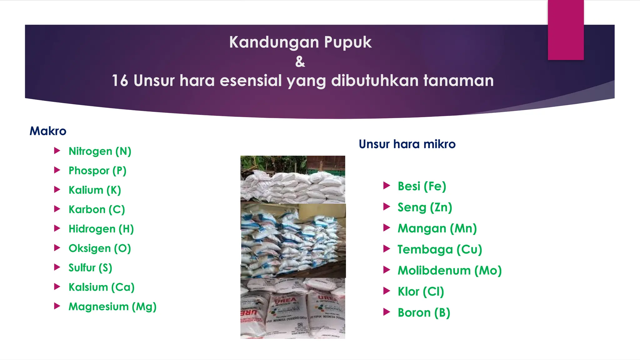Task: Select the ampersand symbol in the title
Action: [x=300, y=62]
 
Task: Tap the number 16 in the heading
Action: [x=120, y=81]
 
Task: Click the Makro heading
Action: [x=48, y=131]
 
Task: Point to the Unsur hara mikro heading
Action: [x=407, y=144]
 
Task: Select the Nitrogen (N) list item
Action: [x=100, y=151]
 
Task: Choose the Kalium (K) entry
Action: [x=95, y=190]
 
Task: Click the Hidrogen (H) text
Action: [x=101, y=229]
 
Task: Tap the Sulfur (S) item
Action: [x=90, y=268]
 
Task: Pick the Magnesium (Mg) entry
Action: [x=112, y=307]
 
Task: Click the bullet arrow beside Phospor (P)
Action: [x=57, y=170]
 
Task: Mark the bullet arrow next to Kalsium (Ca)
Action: [x=57, y=287]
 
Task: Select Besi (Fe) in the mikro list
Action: [x=422, y=186]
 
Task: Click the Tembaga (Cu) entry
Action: [x=440, y=249]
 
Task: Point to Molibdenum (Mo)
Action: [x=449, y=271]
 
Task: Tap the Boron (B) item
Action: [x=424, y=312]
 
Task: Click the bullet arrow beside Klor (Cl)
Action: [x=387, y=291]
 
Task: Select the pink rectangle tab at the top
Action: [x=566, y=30]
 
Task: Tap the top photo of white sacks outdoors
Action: [x=292, y=179]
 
